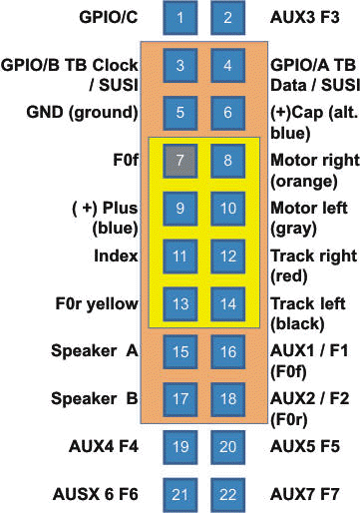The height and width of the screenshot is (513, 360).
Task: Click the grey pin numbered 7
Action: click(180, 160)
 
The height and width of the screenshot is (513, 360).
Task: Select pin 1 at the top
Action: click(180, 18)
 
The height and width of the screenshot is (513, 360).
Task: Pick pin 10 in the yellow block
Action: click(228, 209)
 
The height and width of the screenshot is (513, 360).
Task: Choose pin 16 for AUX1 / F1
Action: click(228, 352)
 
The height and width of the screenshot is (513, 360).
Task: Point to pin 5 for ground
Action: click(180, 113)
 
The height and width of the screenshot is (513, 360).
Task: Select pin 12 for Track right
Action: click(228, 256)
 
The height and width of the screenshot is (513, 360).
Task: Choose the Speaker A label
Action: click(97, 351)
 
